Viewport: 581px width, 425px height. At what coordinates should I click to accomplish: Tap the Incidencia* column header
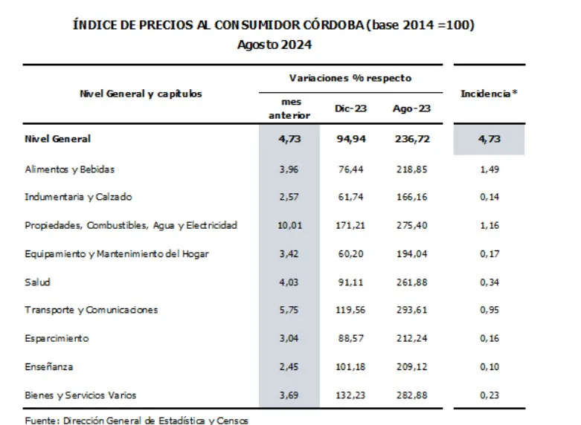[x=489, y=94]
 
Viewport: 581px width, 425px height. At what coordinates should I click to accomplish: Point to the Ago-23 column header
[x=411, y=108]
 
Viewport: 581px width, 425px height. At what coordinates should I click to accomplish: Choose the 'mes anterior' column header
[x=289, y=108]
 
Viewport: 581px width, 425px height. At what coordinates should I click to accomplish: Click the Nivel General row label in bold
[x=57, y=139]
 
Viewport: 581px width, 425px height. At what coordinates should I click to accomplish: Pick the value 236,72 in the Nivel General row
[x=411, y=139]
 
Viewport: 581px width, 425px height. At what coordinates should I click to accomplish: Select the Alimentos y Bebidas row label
[x=69, y=169]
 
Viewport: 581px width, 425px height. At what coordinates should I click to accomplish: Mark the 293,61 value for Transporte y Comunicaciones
[x=411, y=310]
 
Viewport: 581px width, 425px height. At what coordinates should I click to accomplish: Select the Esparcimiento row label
[x=57, y=338]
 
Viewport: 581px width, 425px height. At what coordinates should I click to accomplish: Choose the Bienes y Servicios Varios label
[x=80, y=395]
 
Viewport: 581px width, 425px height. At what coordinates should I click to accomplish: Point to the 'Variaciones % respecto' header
[x=350, y=78]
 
